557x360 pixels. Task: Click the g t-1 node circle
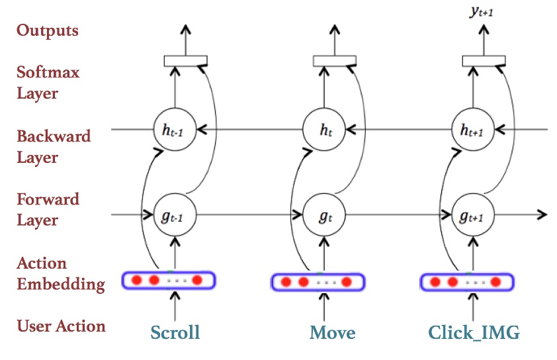pyautogui.click(x=175, y=214)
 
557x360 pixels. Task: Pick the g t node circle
pyautogui.click(x=325, y=214)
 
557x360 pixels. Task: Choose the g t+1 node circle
pyautogui.click(x=474, y=214)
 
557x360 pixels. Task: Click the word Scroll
pyautogui.click(x=175, y=332)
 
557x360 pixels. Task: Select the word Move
pyautogui.click(x=332, y=332)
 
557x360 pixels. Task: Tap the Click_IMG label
pyautogui.click(x=474, y=332)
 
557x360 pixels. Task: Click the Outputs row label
pyautogui.click(x=48, y=30)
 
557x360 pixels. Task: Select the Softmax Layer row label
pyautogui.click(x=48, y=83)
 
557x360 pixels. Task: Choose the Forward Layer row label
pyautogui.click(x=48, y=210)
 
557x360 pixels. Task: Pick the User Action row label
pyautogui.click(x=61, y=326)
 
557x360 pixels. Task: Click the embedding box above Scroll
pyautogui.click(x=169, y=281)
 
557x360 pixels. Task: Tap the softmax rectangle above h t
pyautogui.click(x=334, y=61)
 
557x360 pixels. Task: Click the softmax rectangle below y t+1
pyautogui.click(x=483, y=61)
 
